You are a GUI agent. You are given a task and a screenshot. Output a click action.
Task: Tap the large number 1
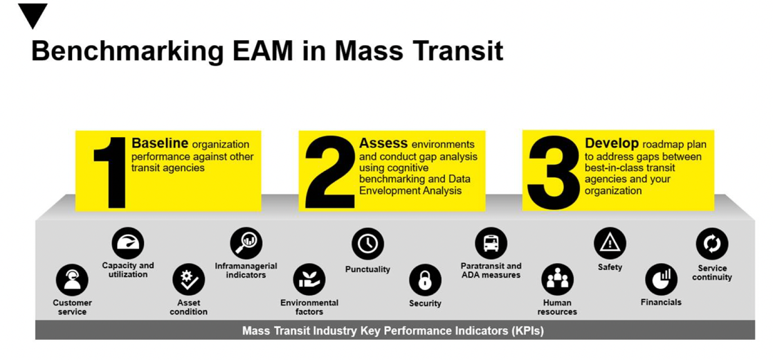111,172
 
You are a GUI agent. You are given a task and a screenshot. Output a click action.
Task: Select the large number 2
330,172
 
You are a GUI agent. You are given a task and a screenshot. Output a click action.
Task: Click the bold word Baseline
160,143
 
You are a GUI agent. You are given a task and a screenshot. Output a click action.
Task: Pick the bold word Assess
383,143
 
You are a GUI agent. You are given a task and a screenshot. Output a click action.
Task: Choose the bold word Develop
612,143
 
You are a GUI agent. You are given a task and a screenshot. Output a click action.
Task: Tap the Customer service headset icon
72,280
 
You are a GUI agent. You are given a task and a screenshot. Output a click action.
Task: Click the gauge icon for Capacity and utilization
128,243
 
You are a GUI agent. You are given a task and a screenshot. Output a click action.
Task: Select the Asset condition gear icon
188,280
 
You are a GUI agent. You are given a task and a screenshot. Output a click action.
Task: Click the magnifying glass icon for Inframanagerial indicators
246,243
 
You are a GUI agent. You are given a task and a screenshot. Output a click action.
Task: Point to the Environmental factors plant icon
309,280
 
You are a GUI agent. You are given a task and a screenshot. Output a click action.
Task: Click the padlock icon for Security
425,280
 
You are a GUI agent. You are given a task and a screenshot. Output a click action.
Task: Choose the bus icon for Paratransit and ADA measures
491,243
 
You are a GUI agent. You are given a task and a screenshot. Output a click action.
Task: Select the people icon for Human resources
558,279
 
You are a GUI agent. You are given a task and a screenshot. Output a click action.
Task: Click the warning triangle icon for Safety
610,243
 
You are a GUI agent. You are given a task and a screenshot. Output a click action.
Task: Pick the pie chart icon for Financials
661,279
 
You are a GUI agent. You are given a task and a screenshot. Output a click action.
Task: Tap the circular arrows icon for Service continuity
712,244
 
